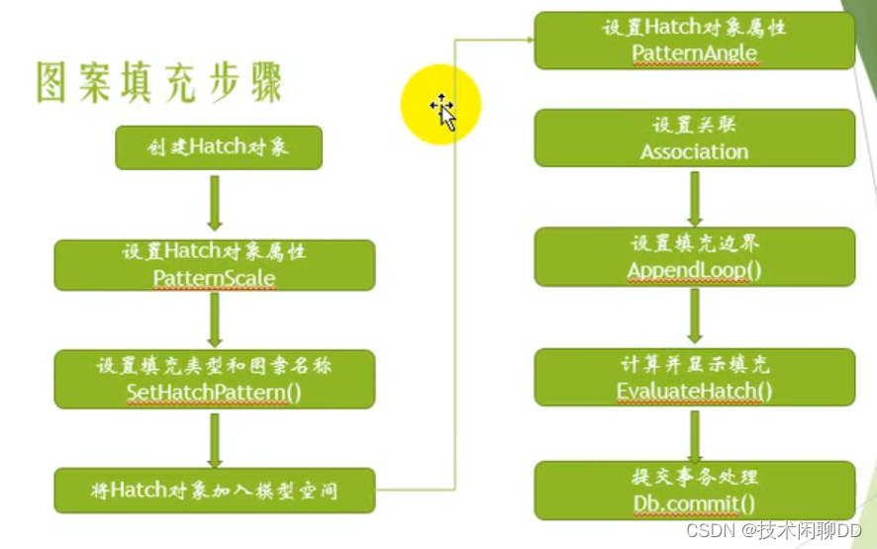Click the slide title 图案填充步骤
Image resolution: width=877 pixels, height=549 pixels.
click(x=158, y=83)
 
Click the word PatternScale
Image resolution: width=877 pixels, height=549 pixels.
click(x=214, y=278)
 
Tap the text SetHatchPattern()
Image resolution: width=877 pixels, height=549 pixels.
click(x=214, y=392)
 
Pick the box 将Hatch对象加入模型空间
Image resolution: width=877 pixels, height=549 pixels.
click(x=214, y=490)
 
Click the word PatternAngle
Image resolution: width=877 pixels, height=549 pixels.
click(x=694, y=52)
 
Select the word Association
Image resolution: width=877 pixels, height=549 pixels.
click(x=694, y=151)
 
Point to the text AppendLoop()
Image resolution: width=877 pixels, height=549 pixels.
click(x=694, y=270)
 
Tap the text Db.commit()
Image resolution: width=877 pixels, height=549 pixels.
click(x=694, y=504)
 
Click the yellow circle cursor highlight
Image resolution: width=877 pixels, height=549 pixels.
click(x=440, y=105)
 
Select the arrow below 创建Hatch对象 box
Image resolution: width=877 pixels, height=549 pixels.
click(x=214, y=203)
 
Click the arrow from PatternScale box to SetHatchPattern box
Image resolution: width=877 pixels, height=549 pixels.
click(x=214, y=319)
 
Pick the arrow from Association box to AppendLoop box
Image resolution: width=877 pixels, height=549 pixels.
click(x=694, y=197)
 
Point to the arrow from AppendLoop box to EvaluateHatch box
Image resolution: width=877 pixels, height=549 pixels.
click(x=694, y=316)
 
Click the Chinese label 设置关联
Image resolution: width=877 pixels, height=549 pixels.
click(x=694, y=127)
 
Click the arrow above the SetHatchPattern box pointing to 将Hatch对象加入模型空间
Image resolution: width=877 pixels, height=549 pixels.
click(x=214, y=438)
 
